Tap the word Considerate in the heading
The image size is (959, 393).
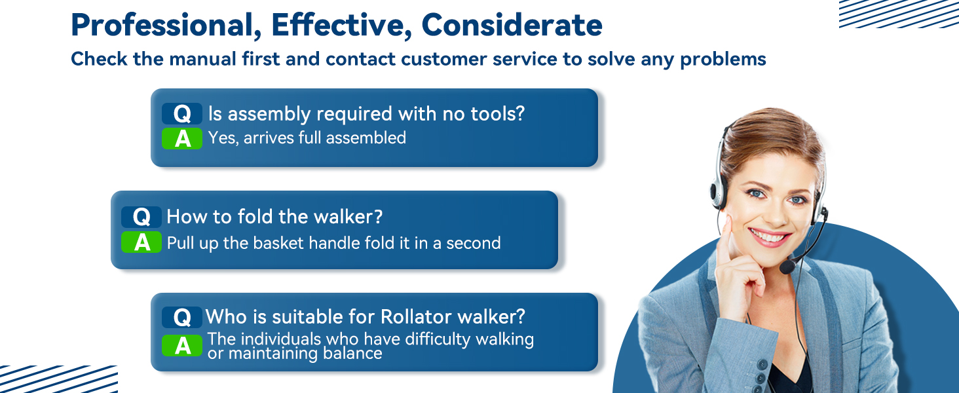tap(512, 25)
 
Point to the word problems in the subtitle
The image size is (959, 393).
tap(723, 60)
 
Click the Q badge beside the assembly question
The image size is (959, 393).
tap(182, 114)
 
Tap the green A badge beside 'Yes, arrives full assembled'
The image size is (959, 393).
tap(182, 139)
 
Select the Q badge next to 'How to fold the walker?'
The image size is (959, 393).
tap(141, 217)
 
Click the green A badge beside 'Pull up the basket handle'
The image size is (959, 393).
tap(141, 242)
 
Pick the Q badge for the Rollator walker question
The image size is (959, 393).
tap(182, 317)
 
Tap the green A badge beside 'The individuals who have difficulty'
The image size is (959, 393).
tap(182, 345)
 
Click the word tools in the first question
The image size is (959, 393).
tap(497, 114)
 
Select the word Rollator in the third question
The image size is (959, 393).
tap(416, 317)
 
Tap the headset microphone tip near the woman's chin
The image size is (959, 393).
tap(787, 267)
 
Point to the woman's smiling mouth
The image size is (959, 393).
tap(769, 237)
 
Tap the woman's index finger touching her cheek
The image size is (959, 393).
tap(724, 240)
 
